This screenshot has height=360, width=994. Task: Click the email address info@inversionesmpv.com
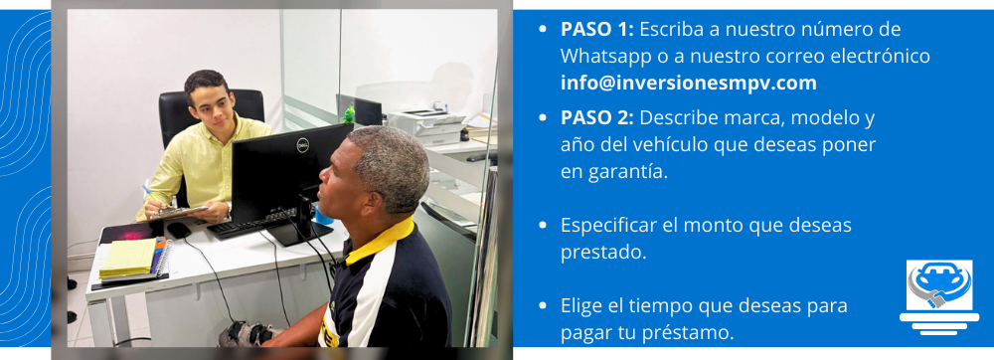click(689, 83)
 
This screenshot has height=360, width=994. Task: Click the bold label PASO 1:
click(597, 29)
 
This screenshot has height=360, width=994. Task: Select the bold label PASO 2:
click(597, 118)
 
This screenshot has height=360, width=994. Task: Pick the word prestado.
click(603, 253)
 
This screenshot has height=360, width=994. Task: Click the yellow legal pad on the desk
click(128, 258)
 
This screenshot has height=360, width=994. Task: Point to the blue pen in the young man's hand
click(150, 193)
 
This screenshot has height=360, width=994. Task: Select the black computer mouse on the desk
click(178, 230)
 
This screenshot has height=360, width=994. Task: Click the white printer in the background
click(426, 126)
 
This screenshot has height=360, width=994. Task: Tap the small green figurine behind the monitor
click(348, 114)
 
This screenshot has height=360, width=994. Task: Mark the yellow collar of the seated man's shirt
click(379, 239)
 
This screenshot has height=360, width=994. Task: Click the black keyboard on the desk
click(248, 225)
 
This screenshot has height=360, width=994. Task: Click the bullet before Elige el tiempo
click(542, 306)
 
